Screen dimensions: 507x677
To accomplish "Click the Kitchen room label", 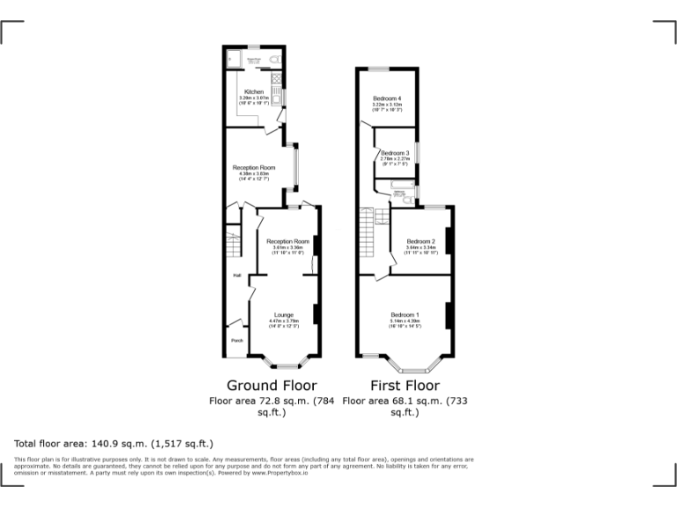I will coord(254,92).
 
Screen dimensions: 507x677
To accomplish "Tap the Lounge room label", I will coord(284,314).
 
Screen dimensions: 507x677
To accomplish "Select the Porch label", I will coord(236,341).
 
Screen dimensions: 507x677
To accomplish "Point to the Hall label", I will coord(236,276).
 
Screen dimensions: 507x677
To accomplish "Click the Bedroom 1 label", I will coord(405,314).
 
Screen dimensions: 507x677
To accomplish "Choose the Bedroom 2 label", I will coord(420,241).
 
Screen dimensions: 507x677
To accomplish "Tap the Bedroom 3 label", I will coord(395,152).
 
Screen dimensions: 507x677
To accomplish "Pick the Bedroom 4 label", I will coord(387,98).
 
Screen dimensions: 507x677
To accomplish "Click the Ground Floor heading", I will coord(272,386).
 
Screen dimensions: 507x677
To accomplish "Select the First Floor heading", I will coord(404,386).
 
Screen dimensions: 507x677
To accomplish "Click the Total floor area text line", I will coord(114,443).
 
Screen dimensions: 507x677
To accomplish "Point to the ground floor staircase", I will coord(234,241).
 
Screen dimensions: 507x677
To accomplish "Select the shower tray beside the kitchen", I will coord(235,58).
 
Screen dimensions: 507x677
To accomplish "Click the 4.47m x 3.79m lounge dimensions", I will coord(284,321).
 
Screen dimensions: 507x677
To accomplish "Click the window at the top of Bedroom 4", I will coord(380,69).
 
